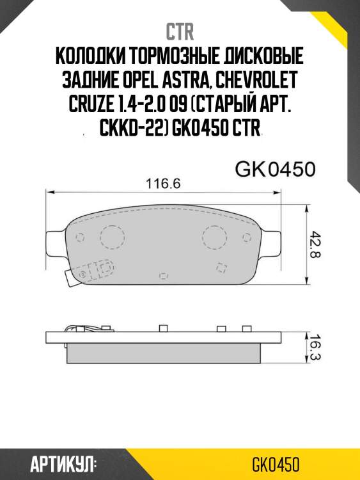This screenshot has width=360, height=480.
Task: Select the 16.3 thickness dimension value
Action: point(315,347)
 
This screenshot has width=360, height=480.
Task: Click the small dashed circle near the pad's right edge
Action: point(248,238)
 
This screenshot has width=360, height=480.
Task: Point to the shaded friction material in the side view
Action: point(164,351)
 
